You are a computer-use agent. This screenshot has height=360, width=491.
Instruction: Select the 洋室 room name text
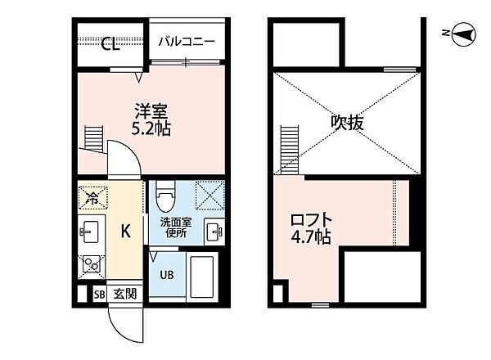(x=150, y=111)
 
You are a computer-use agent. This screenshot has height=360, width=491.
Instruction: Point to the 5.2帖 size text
(x=150, y=128)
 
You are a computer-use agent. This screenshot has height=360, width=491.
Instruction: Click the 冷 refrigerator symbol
(x=92, y=197)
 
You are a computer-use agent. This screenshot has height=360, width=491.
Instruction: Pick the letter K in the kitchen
(x=125, y=232)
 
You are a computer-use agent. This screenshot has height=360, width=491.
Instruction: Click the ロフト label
(x=313, y=220)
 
